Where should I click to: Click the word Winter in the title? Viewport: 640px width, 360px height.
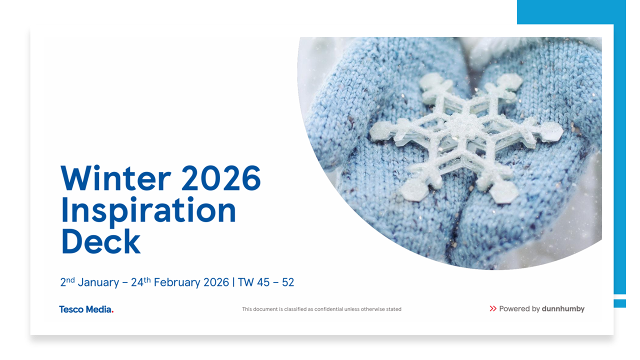coord(115,178)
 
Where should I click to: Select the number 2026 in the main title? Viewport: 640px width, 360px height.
coord(221,178)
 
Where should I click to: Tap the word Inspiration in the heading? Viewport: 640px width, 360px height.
coord(148,211)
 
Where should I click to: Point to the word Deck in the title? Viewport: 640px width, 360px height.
coord(100,241)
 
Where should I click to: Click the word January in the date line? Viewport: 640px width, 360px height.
coord(98,282)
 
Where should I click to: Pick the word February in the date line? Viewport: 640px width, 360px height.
coord(177,282)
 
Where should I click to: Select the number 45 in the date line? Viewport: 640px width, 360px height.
coord(263,282)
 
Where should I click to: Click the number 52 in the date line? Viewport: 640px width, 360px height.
coord(287,282)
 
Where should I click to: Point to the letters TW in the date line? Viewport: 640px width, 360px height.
coord(245,282)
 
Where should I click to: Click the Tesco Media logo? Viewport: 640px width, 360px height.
coord(86,309)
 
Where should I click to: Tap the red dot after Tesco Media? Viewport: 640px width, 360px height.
coord(112,312)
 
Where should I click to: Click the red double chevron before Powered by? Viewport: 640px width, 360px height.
coord(493,308)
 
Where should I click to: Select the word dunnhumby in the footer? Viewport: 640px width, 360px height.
coord(563,309)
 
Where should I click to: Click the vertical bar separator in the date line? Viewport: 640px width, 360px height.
coord(233,282)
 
